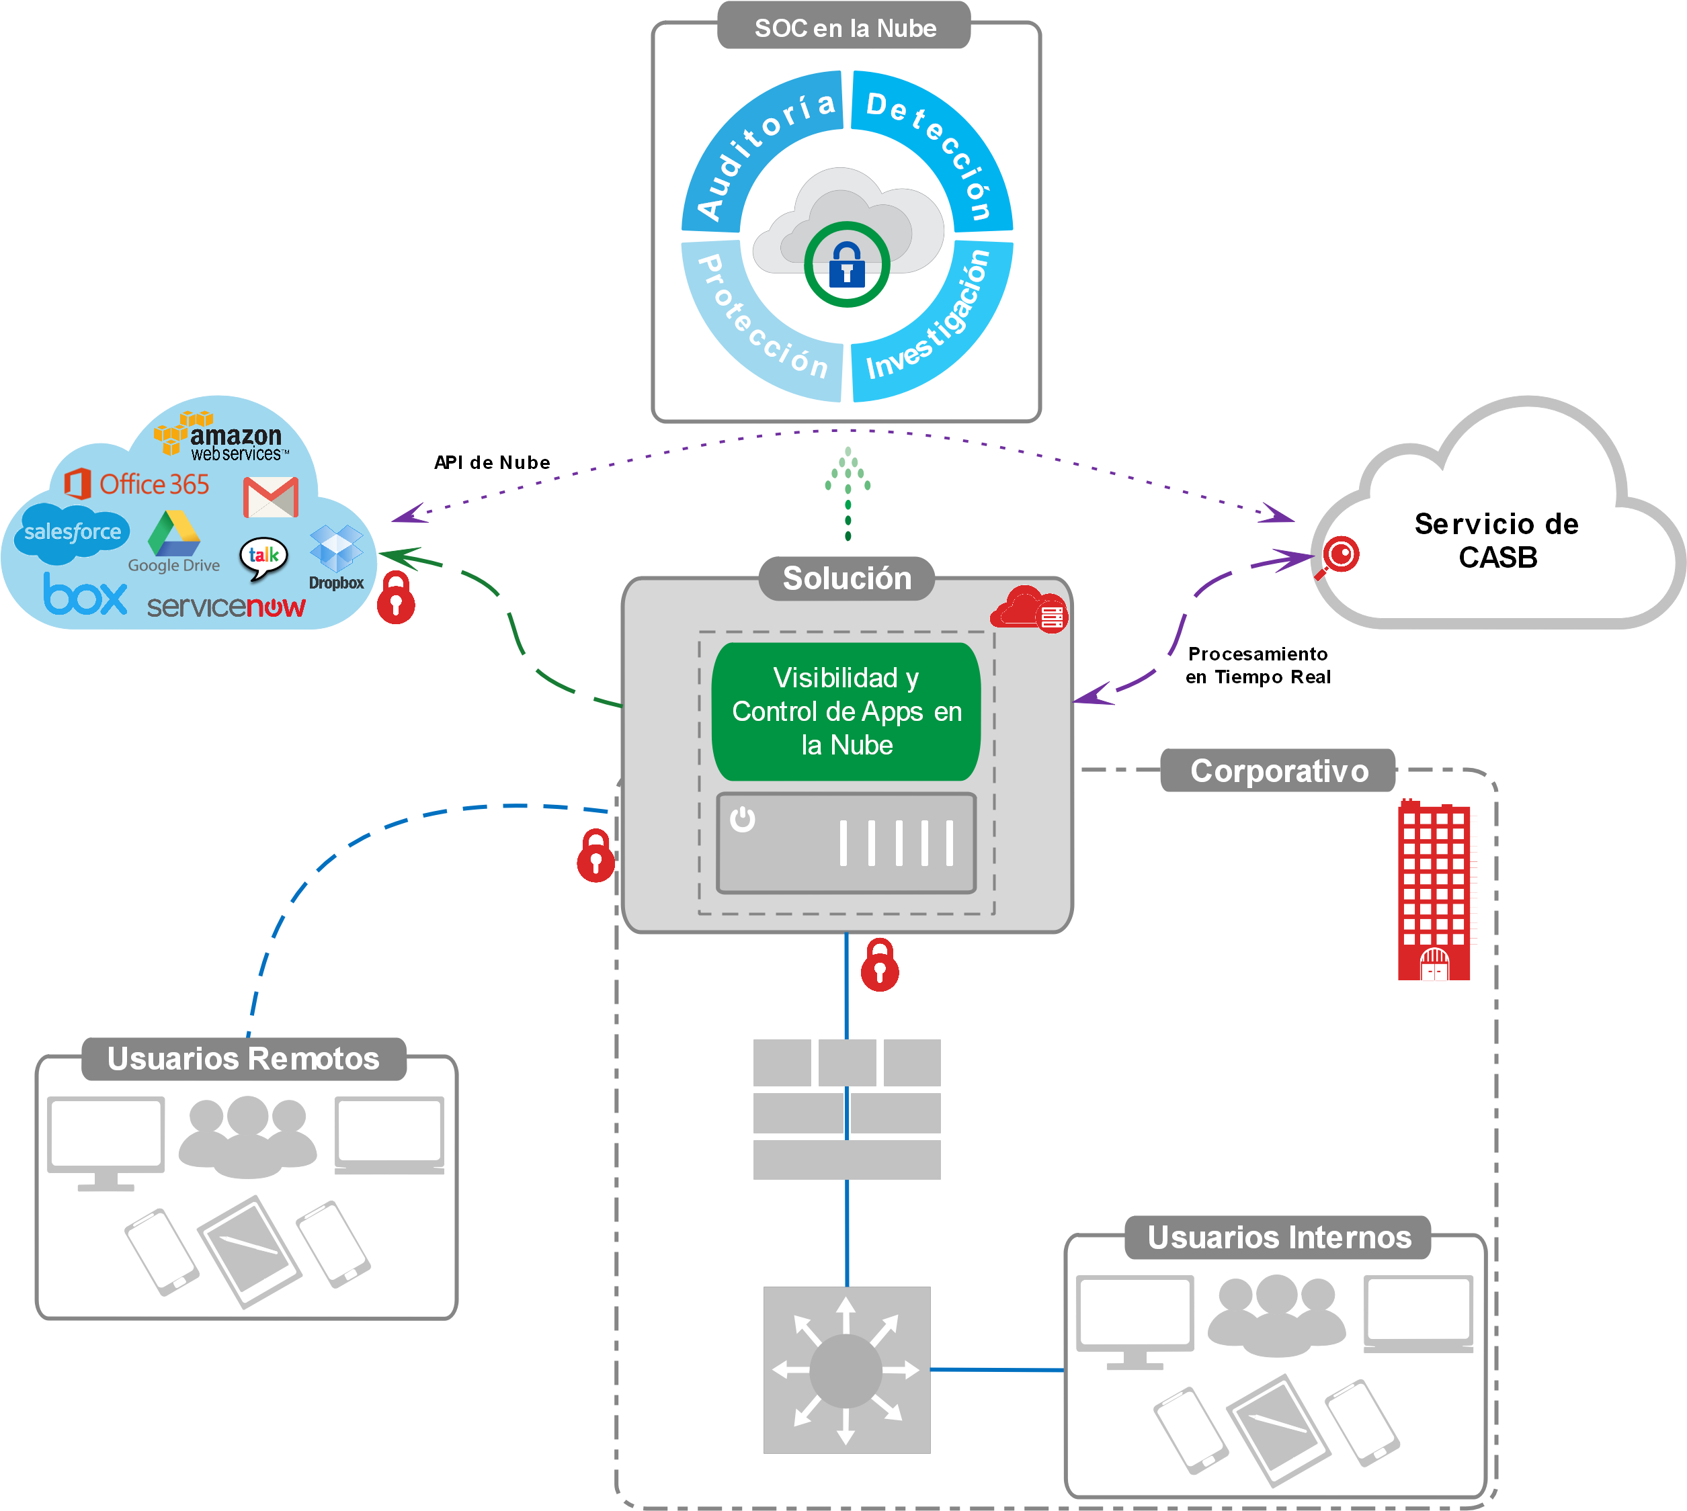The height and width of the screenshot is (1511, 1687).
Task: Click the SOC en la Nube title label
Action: tap(844, 28)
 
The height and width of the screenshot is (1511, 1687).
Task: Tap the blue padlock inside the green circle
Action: tap(846, 265)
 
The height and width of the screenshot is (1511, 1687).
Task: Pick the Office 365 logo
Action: tap(138, 483)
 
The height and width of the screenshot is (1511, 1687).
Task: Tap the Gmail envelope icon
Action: tap(271, 497)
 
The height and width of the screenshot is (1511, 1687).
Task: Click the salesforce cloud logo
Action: tap(73, 531)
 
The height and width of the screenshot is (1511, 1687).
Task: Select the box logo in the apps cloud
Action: tap(85, 595)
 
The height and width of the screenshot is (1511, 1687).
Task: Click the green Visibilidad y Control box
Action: tap(846, 711)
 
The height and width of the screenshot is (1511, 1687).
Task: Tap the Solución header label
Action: tap(846, 578)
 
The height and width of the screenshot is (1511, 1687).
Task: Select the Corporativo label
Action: tap(1278, 771)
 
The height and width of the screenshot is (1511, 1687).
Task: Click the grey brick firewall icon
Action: tap(846, 1109)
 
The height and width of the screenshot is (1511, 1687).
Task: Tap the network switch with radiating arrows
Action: tap(846, 1370)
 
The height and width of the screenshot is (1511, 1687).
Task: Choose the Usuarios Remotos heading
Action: tap(243, 1059)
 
